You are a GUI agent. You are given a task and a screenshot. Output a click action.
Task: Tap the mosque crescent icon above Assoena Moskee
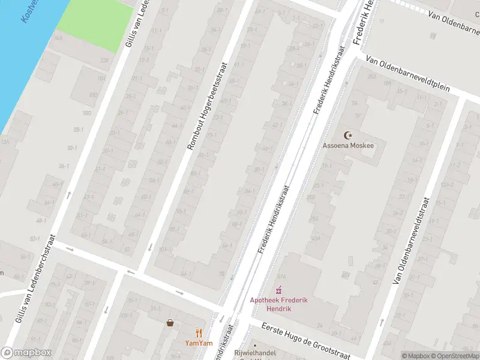347,136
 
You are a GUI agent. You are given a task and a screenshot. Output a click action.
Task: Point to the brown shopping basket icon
170,322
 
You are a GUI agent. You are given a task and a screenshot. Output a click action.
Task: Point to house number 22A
104,60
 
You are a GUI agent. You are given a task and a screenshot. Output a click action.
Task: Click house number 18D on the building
94,95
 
